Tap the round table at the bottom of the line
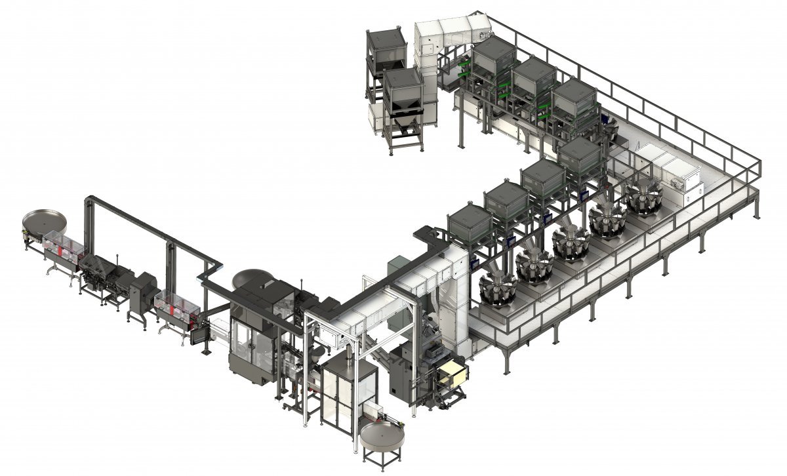[x=382, y=435]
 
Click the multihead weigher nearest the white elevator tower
[x=496, y=288]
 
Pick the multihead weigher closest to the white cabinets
[x=643, y=193]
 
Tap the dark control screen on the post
[x=197, y=336]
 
